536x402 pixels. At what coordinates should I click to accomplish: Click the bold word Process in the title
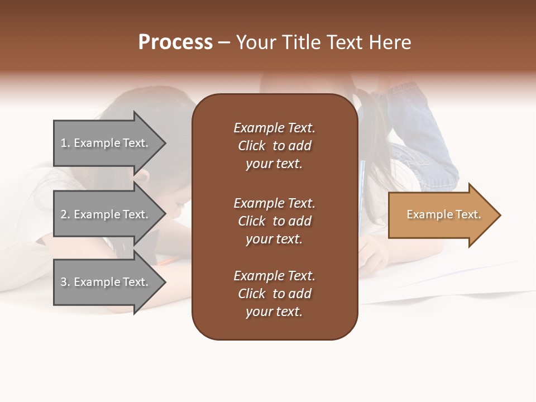pos(175,42)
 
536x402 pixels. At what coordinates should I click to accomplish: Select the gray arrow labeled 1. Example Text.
pos(106,143)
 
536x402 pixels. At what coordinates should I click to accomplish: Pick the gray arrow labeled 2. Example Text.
pos(106,214)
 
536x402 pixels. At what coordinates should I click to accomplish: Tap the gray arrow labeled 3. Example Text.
pos(106,282)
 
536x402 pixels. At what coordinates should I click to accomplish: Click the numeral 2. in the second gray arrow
pos(65,214)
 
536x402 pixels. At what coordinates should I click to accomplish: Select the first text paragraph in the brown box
pos(274,146)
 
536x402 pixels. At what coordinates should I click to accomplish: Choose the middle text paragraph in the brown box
pos(274,221)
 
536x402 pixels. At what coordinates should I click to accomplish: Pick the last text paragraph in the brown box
pos(274,294)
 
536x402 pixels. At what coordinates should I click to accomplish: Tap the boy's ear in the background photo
pos(143,178)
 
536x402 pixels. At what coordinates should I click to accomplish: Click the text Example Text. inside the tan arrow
pos(443,214)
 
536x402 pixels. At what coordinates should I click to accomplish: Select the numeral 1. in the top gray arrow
pos(65,143)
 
